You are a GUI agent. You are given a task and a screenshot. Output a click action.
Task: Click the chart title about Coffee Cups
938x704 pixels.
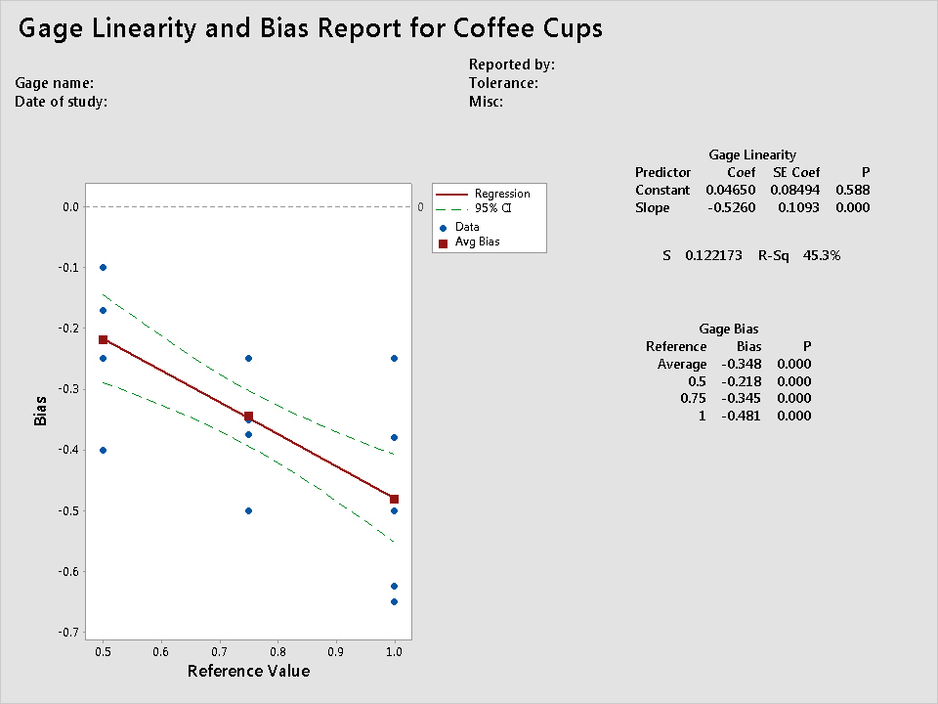coord(311,29)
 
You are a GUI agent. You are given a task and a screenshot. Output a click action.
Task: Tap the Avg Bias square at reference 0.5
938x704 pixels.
coord(103,339)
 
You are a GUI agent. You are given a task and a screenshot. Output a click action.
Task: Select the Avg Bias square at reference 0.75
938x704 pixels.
coord(248,416)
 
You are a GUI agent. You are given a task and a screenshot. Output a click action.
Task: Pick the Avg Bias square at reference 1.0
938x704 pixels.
coord(394,499)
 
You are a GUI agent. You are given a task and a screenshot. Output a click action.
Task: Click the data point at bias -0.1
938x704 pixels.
coord(103,267)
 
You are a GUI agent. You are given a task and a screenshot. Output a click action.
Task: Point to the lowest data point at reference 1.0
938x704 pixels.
coord(394,601)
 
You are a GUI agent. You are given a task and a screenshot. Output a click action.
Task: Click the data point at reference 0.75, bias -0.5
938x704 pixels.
coord(248,510)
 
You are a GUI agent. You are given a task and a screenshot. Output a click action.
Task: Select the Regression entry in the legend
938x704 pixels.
coord(501,194)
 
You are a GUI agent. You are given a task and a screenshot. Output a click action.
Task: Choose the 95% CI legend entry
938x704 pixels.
coord(492,208)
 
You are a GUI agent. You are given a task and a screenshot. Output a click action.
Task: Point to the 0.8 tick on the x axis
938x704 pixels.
coord(277,651)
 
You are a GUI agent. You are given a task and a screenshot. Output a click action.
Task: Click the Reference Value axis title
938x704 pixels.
coord(248,671)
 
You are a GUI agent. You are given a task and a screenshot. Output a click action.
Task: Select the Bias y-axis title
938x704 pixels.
coord(40,410)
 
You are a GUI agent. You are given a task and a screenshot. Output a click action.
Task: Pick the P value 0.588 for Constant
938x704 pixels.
coord(852,190)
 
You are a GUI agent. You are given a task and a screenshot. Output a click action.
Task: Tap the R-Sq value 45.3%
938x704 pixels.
coord(821,255)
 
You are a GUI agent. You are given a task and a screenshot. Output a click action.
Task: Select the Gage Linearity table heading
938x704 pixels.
coord(751,154)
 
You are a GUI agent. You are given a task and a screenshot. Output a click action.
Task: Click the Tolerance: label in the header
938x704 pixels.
coord(503,83)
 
